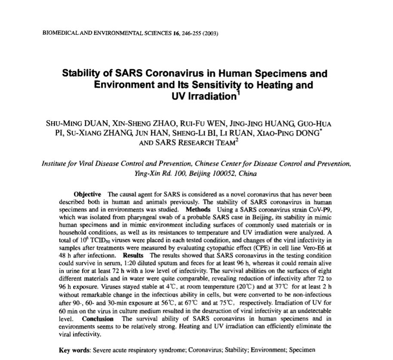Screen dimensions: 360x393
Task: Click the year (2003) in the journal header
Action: click(x=211, y=34)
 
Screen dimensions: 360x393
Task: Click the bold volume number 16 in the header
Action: click(x=175, y=34)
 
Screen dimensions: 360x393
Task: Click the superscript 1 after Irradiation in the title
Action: click(x=238, y=93)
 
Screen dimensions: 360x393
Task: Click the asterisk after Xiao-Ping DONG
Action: click(x=320, y=130)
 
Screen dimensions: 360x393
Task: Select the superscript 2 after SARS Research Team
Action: click(x=236, y=140)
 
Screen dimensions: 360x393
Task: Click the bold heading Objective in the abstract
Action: click(x=87, y=195)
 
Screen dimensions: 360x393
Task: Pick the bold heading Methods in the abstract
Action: click(x=198, y=210)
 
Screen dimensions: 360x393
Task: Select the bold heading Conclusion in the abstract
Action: click(x=98, y=319)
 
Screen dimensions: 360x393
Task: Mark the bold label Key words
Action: click(x=74, y=350)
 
